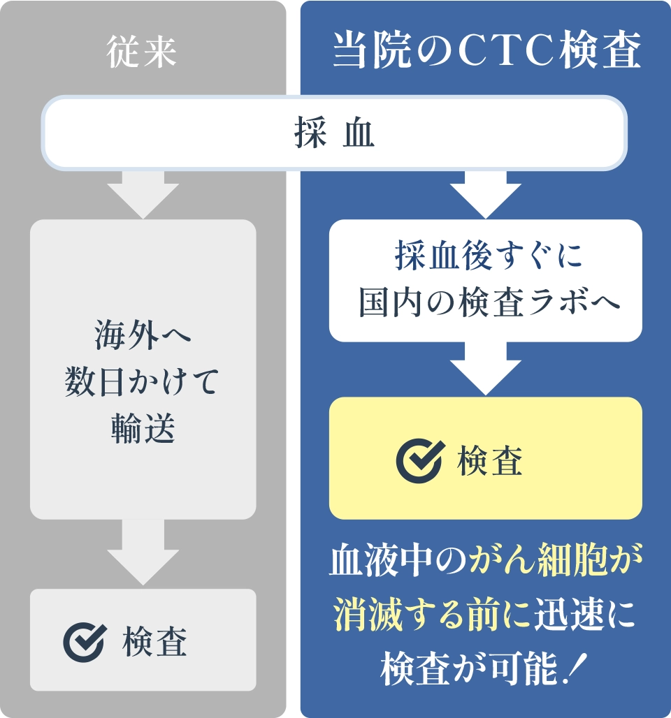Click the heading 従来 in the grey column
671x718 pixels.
(142, 54)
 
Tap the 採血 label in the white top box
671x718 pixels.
(334, 134)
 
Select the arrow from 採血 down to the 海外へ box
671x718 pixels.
(143, 195)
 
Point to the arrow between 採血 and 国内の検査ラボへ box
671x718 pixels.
(485, 196)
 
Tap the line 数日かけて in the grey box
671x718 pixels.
(143, 383)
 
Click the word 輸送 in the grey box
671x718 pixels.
(143, 427)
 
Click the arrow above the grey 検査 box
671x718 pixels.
(143, 552)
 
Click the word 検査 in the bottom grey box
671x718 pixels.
(155, 641)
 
